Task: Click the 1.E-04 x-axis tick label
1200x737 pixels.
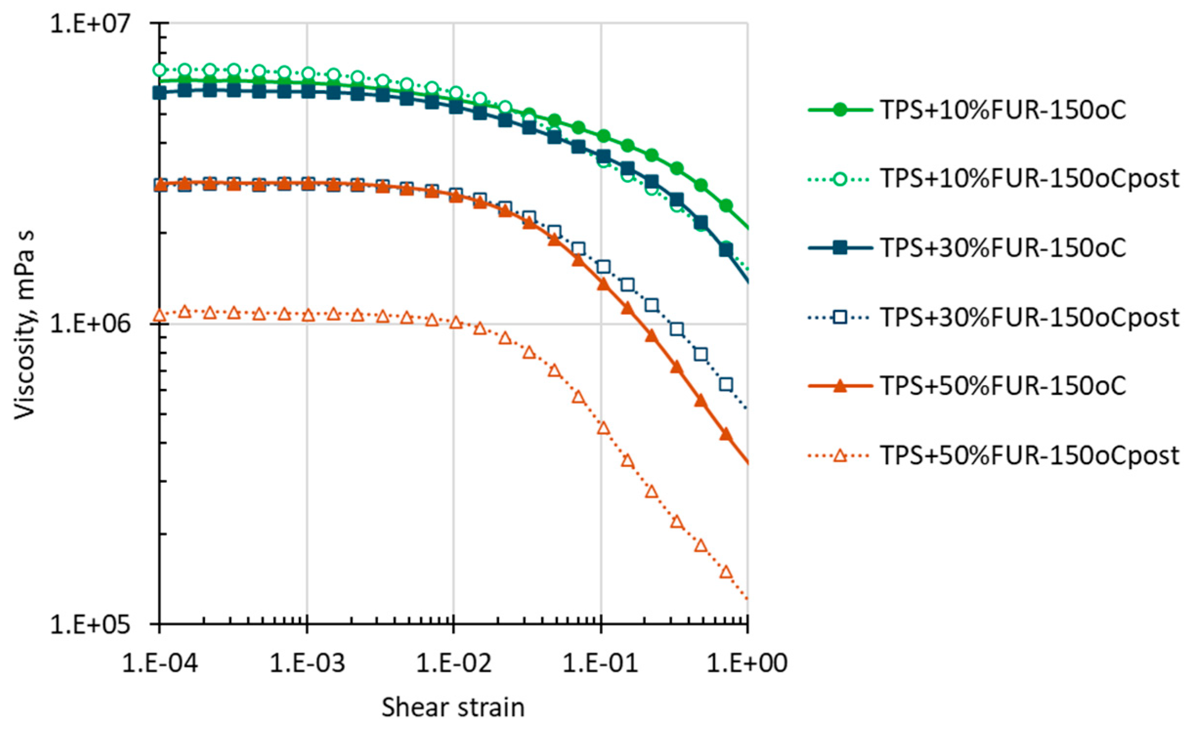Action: [x=160, y=663]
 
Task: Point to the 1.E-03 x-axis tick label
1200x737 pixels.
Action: [x=307, y=663]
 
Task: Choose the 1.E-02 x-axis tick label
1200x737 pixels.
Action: [x=453, y=663]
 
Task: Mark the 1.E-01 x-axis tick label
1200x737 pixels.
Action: [x=600, y=663]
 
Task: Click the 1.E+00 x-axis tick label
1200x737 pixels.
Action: [x=748, y=663]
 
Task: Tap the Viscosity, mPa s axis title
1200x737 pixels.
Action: [x=24, y=325]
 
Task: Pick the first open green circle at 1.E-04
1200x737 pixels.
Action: [x=159, y=70]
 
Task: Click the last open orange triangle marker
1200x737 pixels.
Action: [x=726, y=572]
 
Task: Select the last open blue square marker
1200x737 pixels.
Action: [x=726, y=385]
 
